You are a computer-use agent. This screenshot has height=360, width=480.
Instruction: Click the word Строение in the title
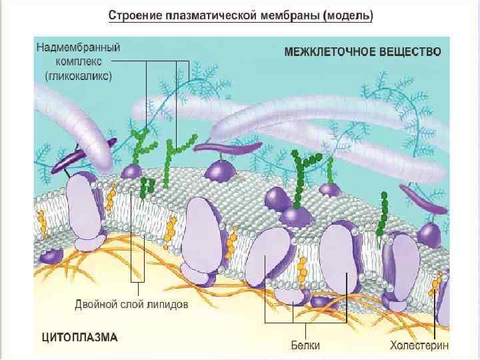[133, 15]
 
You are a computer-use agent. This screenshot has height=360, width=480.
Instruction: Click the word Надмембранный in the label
[73, 48]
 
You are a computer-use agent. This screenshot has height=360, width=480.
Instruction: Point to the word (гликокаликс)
[78, 75]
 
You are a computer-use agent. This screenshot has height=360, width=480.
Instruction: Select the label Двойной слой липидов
[131, 305]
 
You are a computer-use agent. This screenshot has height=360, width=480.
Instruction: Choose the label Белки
[305, 345]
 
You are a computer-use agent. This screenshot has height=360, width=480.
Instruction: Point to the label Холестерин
[419, 345]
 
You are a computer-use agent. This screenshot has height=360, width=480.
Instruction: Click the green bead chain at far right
[383, 213]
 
